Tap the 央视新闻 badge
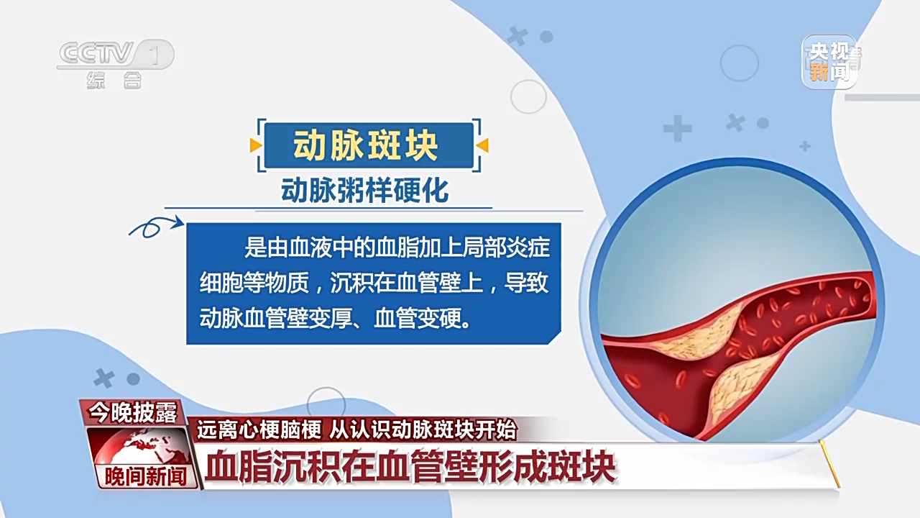[x=829, y=62]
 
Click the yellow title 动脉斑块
[x=366, y=145]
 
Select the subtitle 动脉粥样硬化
[x=364, y=191]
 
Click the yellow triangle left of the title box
[x=256, y=145]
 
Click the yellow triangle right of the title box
[x=482, y=145]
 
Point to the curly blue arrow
[x=156, y=226]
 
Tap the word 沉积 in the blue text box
[x=351, y=283]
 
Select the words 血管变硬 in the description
[x=417, y=318]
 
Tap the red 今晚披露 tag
[x=133, y=412]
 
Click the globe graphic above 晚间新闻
[x=139, y=447]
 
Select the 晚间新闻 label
[x=146, y=477]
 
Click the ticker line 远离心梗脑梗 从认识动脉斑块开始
[x=356, y=430]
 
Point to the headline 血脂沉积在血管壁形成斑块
[x=410, y=468]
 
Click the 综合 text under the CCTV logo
[x=114, y=80]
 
